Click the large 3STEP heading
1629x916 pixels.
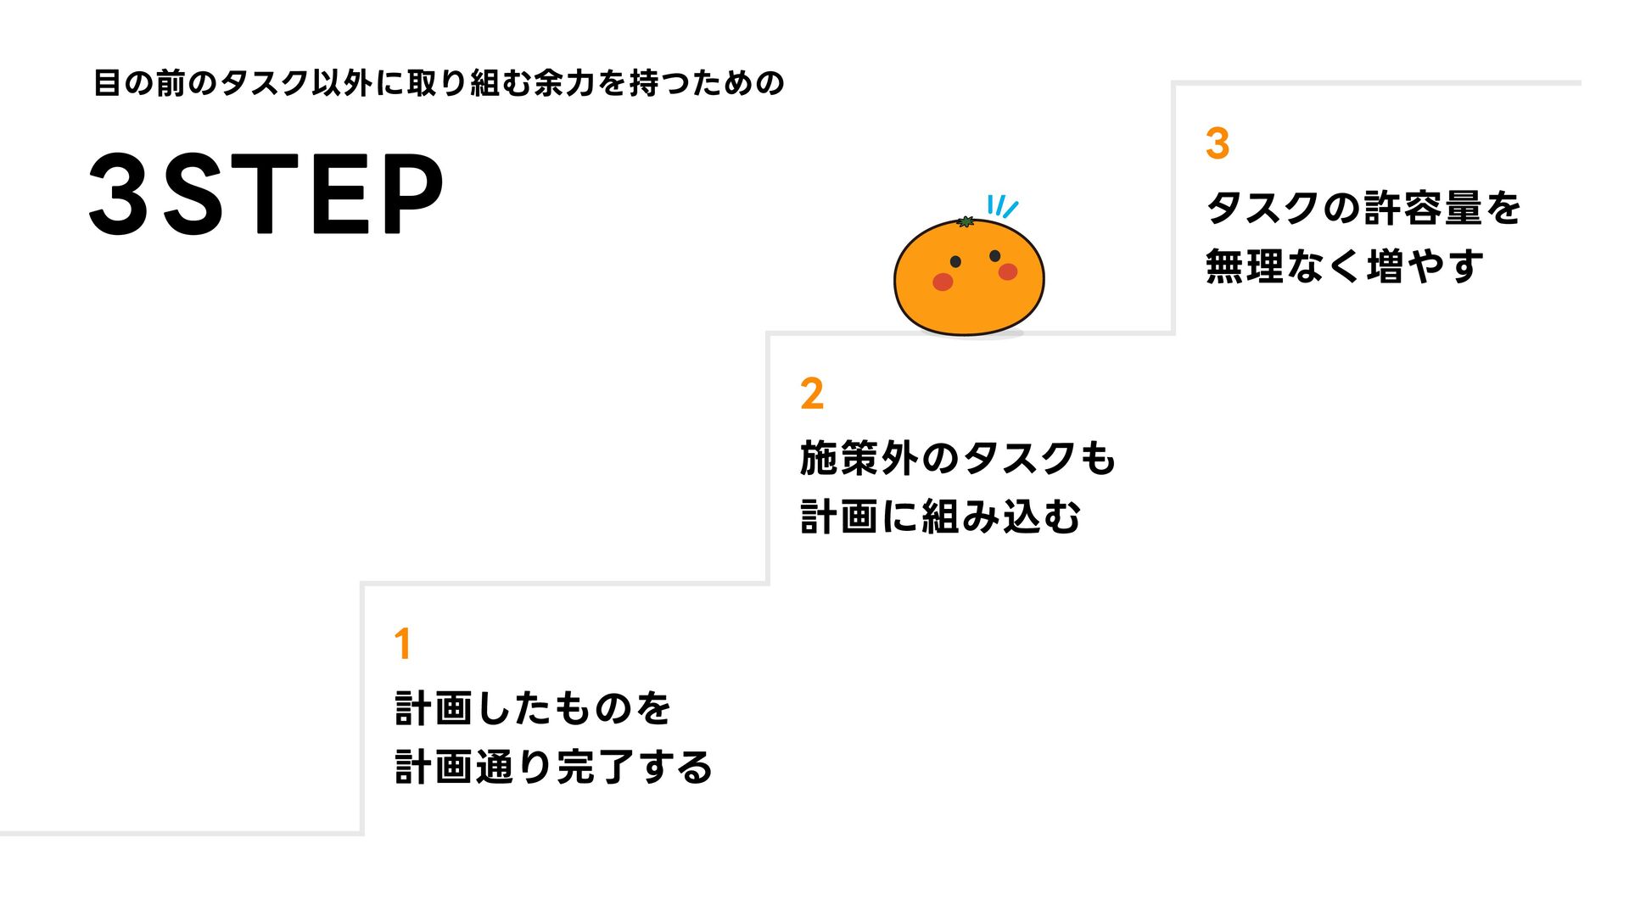(x=266, y=194)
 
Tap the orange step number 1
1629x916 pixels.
(x=403, y=644)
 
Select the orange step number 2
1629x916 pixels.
(x=812, y=394)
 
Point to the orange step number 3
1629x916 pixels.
(x=1218, y=143)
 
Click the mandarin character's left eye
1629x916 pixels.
(x=955, y=261)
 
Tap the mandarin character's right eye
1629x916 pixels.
(x=994, y=256)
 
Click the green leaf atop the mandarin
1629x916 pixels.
(x=966, y=222)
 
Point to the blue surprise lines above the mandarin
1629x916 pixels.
(x=1001, y=206)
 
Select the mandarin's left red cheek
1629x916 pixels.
(x=943, y=282)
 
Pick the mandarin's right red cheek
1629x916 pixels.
(x=1008, y=271)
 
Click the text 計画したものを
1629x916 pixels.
(x=533, y=708)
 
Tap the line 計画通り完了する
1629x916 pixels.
(x=553, y=767)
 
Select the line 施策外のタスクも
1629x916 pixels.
(x=957, y=458)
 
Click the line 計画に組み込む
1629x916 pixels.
(x=940, y=517)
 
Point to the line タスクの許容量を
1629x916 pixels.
(x=1363, y=208)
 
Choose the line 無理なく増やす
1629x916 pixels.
(x=1344, y=266)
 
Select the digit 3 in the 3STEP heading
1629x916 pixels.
(x=120, y=194)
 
